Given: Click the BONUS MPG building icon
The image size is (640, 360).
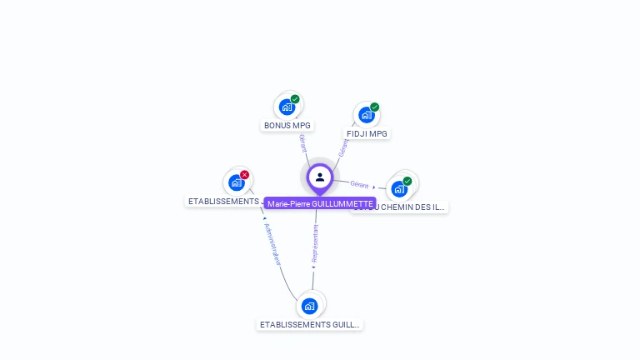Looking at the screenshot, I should coord(287,107).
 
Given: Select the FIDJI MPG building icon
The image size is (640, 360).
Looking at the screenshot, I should coord(367,115).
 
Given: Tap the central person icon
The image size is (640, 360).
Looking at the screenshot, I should coord(320,177).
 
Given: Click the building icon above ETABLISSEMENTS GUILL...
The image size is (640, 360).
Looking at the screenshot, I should coord(310,306).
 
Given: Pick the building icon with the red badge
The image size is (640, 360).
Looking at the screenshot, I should coord(237,182).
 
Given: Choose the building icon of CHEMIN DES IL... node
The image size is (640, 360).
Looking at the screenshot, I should coord(399,188).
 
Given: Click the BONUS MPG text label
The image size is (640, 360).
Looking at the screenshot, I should coord(287,126).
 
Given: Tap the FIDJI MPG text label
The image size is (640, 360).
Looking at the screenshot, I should coord(367,134).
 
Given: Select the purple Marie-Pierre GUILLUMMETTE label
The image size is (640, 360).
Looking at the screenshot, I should coord(320,203).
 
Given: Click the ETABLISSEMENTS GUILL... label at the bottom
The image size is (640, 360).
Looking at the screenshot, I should coord(310,325).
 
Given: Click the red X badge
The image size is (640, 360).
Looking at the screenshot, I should coord(244,175).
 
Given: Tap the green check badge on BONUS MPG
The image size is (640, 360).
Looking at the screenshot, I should coord(295,99).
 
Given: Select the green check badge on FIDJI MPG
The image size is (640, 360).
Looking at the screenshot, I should coord(375,107).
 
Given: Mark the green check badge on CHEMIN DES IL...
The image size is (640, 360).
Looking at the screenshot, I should coord(407,181).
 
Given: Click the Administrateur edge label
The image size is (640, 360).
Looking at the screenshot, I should coord(272,244).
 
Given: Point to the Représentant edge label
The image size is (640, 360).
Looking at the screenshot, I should coord(315,243).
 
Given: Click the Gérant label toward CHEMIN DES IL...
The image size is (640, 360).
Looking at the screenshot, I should coord(360,184).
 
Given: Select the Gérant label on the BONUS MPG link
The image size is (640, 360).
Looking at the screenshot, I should coord(302,142).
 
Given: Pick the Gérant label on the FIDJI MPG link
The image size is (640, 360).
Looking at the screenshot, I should coord(342,147).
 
